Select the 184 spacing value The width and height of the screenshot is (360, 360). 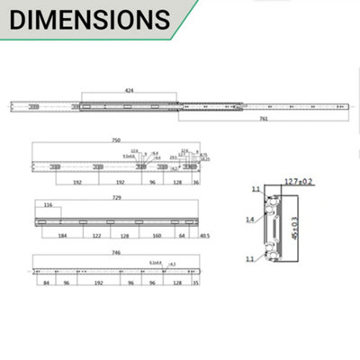tap(62, 238)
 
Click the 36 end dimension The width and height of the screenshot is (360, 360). tap(195, 182)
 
